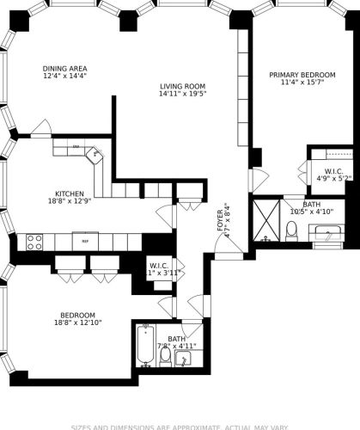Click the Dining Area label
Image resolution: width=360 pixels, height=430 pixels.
tap(65, 69)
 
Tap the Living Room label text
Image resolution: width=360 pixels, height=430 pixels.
tap(182, 86)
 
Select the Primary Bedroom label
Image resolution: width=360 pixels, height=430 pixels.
tap(300, 76)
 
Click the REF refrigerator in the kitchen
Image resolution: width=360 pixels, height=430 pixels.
tap(85, 242)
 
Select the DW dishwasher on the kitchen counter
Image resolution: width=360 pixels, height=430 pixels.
tap(76, 147)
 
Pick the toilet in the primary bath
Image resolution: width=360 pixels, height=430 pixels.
tap(291, 230)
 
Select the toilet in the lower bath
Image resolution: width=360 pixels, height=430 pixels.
tap(165, 355)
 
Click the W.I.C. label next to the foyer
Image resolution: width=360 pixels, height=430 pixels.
tap(159, 265)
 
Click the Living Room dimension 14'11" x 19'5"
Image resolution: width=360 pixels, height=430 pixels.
tap(182, 94)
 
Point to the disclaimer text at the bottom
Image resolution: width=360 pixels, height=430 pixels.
tap(180, 426)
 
